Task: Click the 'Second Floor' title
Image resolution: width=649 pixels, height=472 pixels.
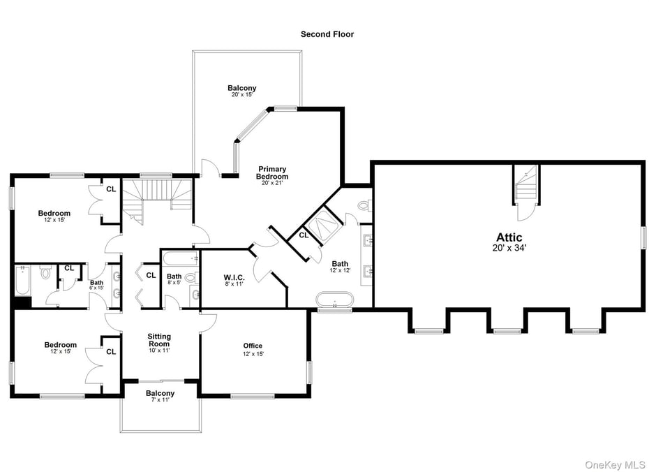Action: click(327, 34)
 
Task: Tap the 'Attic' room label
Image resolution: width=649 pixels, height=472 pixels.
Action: click(509, 237)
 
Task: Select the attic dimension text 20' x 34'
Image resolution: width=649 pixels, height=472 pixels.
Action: click(509, 248)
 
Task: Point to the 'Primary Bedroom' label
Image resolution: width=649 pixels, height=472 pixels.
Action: click(272, 172)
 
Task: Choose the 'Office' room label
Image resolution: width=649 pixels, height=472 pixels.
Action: click(253, 346)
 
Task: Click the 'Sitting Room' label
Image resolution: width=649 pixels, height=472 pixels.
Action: click(159, 340)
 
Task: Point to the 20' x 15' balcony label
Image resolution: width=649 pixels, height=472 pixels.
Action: click(241, 89)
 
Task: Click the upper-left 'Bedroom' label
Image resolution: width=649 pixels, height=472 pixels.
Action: click(54, 214)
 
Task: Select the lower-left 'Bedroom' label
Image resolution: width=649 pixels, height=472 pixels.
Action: click(61, 345)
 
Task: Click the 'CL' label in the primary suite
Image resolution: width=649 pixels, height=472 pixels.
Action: click(304, 235)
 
